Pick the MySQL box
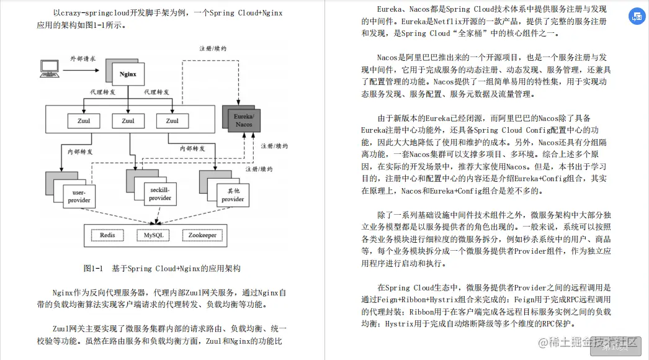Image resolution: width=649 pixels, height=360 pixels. click(154, 236)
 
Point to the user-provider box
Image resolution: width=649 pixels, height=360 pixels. click(78, 196)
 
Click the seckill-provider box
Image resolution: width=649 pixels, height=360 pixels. click(159, 193)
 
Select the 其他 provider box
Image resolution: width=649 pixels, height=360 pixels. click(233, 194)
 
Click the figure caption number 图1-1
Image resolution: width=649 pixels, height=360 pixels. click(92, 269)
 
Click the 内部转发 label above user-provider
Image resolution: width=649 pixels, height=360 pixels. click(80, 151)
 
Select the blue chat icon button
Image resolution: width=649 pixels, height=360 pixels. click(636, 17)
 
